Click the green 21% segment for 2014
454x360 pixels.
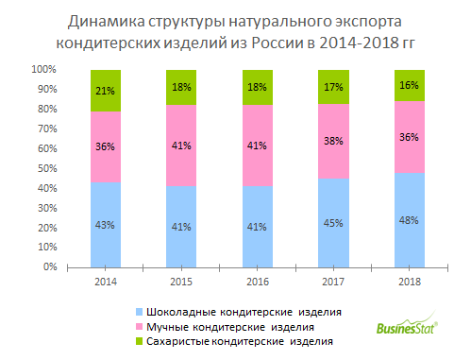pyautogui.click(x=106, y=91)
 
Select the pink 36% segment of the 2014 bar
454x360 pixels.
pyautogui.click(x=106, y=146)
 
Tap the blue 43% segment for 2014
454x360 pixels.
pyautogui.click(x=106, y=225)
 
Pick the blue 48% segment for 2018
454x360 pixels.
pyautogui.click(x=408, y=220)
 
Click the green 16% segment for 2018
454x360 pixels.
pyautogui.click(x=408, y=86)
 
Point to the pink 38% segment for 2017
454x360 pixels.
pyautogui.click(x=332, y=141)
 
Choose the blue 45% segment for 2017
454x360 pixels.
pyautogui.click(x=332, y=223)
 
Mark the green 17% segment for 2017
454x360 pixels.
pyautogui.click(x=332, y=87)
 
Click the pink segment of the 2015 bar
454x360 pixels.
pyautogui.click(x=181, y=146)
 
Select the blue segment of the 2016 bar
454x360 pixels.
pyautogui.click(x=257, y=227)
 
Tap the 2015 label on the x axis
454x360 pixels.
pyautogui.click(x=181, y=281)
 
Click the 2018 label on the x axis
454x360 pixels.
pyautogui.click(x=408, y=281)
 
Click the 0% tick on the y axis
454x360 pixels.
pyautogui.click(x=48, y=267)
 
